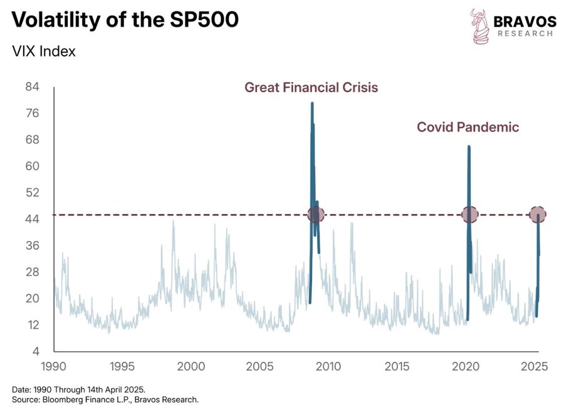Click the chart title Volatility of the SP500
pyautogui.click(x=125, y=20)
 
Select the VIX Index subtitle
pyautogui.click(x=44, y=51)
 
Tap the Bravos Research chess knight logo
pyautogui.click(x=480, y=26)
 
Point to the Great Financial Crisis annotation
pyautogui.click(x=311, y=87)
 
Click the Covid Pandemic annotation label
pyautogui.click(x=468, y=127)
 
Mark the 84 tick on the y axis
pyautogui.click(x=33, y=87)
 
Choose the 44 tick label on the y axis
pyautogui.click(x=33, y=219)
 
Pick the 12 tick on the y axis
pyautogui.click(x=33, y=325)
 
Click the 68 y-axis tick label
pyautogui.click(x=33, y=140)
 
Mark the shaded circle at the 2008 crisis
pyautogui.click(x=316, y=215)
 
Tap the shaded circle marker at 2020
pyautogui.click(x=470, y=215)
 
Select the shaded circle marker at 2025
pyautogui.click(x=538, y=215)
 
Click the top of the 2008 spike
pyautogui.click(x=312, y=103)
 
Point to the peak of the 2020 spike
pyautogui.click(x=469, y=147)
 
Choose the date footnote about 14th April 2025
pyautogui.click(x=79, y=389)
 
